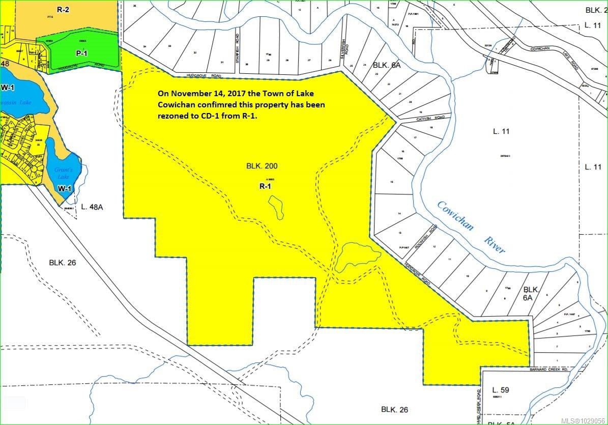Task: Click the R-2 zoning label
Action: click(x=63, y=10)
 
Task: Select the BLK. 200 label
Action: click(x=262, y=166)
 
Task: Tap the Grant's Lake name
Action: click(x=65, y=173)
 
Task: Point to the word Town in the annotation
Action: click(x=272, y=94)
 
